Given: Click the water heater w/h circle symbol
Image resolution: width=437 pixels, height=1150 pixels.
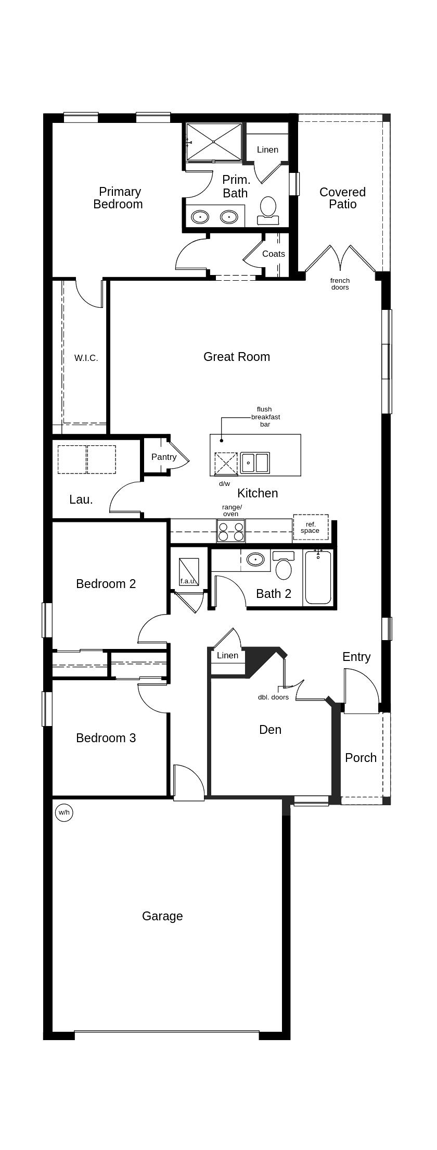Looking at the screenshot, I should tap(64, 812).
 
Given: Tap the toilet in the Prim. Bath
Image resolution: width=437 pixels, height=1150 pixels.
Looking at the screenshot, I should tap(268, 209).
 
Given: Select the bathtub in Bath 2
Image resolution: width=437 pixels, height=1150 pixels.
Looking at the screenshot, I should tap(318, 577).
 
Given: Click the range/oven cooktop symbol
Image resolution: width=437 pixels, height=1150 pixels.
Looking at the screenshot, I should tap(231, 531).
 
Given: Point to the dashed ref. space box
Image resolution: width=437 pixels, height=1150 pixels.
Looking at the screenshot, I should tap(311, 528).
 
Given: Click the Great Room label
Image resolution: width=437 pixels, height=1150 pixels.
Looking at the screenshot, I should tap(237, 357).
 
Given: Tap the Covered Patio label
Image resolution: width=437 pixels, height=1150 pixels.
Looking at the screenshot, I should tap(342, 198).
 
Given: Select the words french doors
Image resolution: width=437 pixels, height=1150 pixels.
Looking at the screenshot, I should tap(340, 284).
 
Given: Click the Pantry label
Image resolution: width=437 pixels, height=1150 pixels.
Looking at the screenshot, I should tap(164, 457).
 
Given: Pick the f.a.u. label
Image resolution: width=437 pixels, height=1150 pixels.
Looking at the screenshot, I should tap(187, 581).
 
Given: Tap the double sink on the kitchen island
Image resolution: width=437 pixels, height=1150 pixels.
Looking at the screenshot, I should tap(255, 463).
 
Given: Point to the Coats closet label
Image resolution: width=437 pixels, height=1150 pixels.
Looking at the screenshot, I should tap(274, 254).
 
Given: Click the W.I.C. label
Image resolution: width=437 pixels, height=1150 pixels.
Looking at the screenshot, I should tap(86, 358).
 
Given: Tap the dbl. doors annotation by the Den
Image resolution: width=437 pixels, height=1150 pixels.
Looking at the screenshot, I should tap(273, 697).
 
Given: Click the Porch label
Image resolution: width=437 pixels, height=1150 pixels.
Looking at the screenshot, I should tap(361, 758).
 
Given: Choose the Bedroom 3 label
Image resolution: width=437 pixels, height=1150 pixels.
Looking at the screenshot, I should tap(106, 738).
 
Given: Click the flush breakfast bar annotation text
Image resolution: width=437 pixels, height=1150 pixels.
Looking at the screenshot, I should tap(265, 417).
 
